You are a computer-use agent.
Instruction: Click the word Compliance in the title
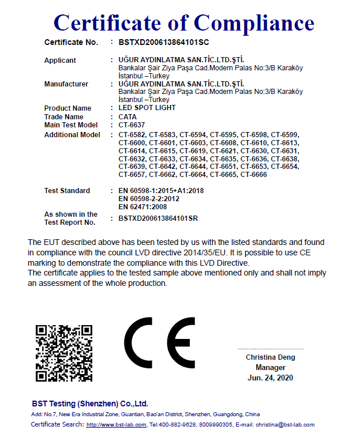tap(254, 22)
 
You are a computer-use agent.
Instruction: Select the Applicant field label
tap(60, 61)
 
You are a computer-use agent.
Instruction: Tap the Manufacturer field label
tap(66, 84)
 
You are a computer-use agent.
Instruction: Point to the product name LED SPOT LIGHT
tap(147, 108)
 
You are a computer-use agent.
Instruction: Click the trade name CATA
tap(127, 117)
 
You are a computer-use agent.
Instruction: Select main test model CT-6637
tap(132, 125)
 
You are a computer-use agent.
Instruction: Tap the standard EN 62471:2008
tap(142, 206)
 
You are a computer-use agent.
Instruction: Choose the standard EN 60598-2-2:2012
tap(149, 199)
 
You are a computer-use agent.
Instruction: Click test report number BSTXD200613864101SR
tap(158, 218)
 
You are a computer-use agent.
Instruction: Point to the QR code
tap(64, 353)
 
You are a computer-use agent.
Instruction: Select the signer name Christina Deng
tap(270, 357)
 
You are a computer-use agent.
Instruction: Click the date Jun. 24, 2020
tap(270, 378)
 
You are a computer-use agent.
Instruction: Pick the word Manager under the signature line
tap(270, 367)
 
